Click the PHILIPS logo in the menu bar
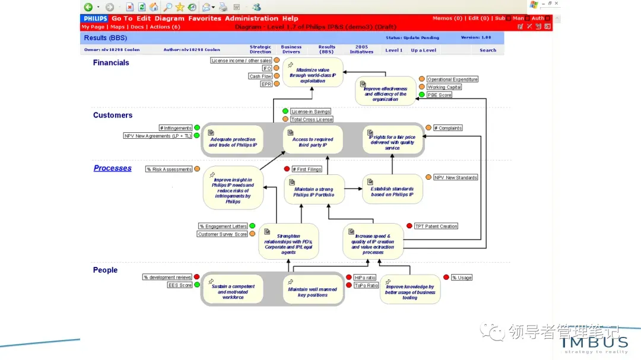point(95,18)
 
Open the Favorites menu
point(204,18)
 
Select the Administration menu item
point(251,18)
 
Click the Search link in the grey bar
point(488,50)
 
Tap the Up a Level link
point(423,50)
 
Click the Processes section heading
point(112,168)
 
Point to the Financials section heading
point(111,63)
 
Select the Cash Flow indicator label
point(260,77)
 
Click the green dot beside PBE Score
point(421,94)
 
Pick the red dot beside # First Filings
point(287,169)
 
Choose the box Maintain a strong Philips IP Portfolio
point(314,190)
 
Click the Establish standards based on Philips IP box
point(392,189)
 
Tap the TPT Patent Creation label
point(436,226)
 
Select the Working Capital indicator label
point(445,87)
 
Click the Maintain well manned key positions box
point(313,290)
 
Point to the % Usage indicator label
point(462,278)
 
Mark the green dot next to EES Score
point(196,285)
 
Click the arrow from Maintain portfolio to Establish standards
point(354,189)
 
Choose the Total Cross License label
point(312,120)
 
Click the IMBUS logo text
point(594,342)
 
